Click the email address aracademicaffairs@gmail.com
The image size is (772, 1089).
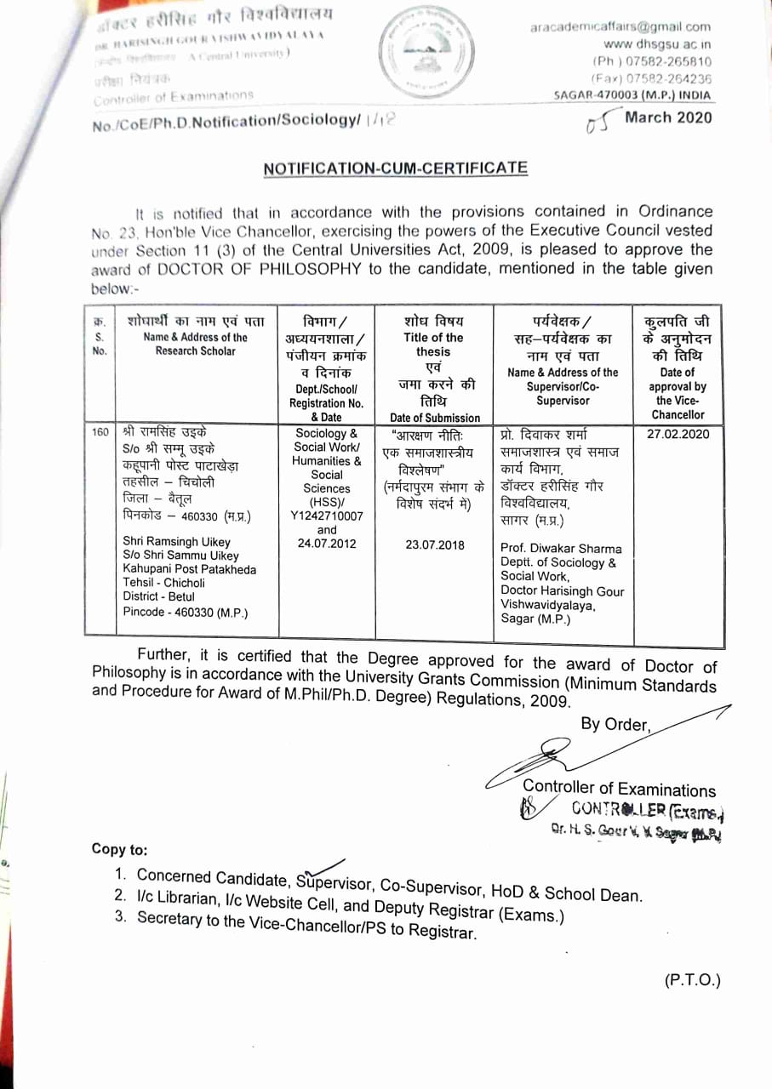click(x=620, y=27)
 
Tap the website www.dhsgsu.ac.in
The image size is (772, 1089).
click(x=657, y=44)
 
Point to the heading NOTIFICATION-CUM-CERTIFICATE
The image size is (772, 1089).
click(x=395, y=168)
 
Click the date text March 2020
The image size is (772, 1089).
click(x=668, y=118)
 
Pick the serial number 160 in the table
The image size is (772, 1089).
click(x=100, y=433)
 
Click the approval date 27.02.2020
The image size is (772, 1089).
click(x=678, y=434)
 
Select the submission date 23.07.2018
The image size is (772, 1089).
click(x=435, y=544)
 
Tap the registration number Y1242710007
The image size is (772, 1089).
click(x=327, y=516)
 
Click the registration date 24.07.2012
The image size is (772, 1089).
click(x=327, y=544)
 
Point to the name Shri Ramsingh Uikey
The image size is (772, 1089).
click(x=176, y=541)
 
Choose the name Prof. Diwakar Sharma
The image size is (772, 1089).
click(x=561, y=549)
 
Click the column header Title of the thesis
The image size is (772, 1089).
click(x=433, y=345)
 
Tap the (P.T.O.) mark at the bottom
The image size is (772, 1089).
click(x=692, y=980)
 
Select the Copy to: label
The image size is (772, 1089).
click(x=119, y=849)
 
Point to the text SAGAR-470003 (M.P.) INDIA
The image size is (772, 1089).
click(x=632, y=95)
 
